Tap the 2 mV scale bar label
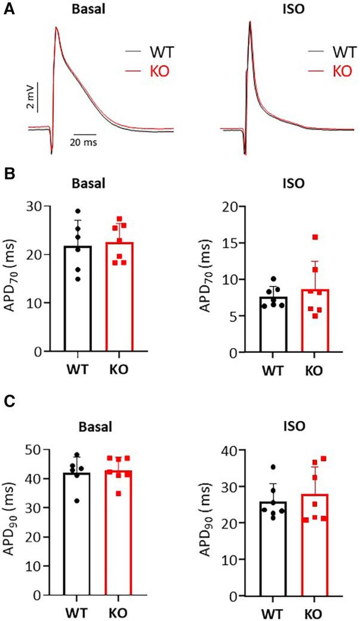pos(30,96)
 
